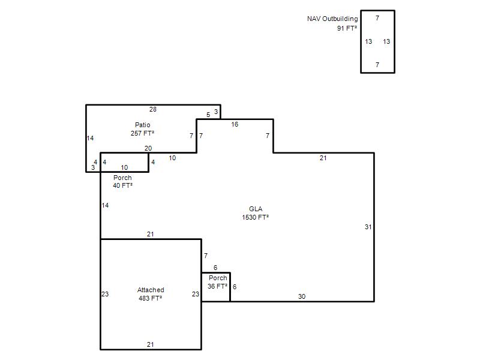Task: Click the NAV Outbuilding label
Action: tap(332, 19)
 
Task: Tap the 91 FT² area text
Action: tap(347, 28)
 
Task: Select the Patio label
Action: tap(143, 125)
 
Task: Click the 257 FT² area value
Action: tap(142, 133)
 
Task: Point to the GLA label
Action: tap(256, 209)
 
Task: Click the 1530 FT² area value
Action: tap(256, 217)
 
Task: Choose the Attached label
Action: tap(151, 290)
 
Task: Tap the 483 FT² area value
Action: tap(151, 298)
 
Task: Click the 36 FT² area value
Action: tap(217, 286)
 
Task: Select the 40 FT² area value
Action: tap(123, 185)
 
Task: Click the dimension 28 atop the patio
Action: tap(153, 109)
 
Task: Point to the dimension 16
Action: tap(235, 124)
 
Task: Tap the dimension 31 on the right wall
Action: tap(368, 227)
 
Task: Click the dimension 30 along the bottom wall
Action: tap(302, 296)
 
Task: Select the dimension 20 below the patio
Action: tap(148, 148)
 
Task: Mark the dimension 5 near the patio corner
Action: tap(208, 115)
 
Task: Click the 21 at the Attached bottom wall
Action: tap(151, 344)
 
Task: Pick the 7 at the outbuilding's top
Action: tap(377, 18)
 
